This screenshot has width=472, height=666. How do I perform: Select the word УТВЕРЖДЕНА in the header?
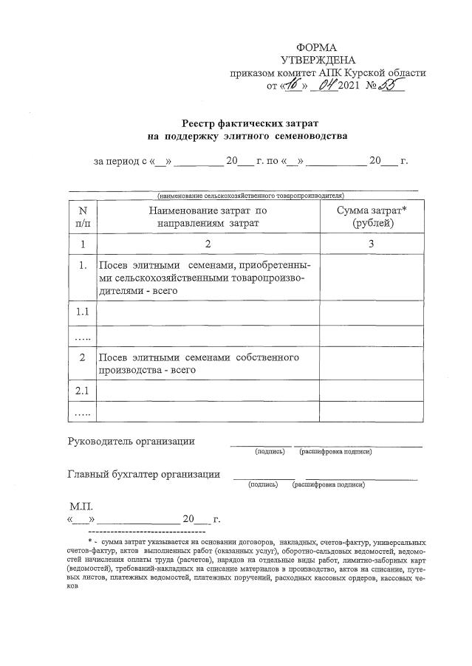318,60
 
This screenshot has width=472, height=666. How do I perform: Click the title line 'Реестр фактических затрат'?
245,123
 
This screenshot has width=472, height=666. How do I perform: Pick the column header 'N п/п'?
83,216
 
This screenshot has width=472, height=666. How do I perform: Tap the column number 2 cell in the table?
208,244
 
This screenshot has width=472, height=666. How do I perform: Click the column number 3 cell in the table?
372,244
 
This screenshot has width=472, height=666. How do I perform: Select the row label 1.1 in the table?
83,312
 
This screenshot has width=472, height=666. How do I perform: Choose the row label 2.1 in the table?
83,390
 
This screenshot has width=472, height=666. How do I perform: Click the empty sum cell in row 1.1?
372,312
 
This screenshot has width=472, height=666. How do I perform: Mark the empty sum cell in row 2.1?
372,390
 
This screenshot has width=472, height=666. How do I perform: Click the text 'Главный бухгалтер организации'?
143,474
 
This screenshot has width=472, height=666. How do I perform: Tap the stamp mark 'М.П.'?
81,507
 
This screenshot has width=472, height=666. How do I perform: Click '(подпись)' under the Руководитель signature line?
270,451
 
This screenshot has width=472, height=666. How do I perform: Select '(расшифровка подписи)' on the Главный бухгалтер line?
328,485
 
